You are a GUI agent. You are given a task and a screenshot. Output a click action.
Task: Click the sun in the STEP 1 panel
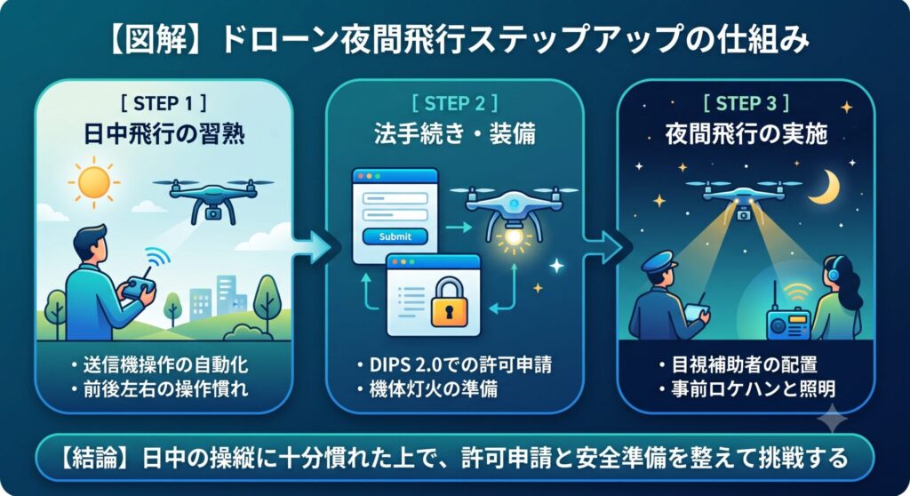[x=93, y=182]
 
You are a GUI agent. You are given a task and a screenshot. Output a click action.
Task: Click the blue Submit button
[x=395, y=236]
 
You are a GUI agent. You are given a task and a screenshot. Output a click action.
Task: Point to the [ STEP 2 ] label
[x=455, y=103]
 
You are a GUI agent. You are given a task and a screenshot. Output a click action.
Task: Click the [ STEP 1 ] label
[x=164, y=103]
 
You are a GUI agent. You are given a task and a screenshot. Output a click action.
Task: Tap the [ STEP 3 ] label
[x=746, y=103]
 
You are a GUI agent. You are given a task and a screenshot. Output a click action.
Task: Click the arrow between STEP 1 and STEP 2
[x=309, y=246]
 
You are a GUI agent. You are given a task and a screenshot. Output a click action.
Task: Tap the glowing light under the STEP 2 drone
[x=513, y=237]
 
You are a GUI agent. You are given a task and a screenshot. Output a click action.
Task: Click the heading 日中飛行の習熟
[x=164, y=135]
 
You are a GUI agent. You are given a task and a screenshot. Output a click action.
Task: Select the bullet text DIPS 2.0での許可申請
[x=461, y=364]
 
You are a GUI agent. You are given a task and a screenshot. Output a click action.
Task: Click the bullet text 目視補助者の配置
[x=745, y=364]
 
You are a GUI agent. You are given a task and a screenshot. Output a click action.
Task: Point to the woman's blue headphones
[x=834, y=272]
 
